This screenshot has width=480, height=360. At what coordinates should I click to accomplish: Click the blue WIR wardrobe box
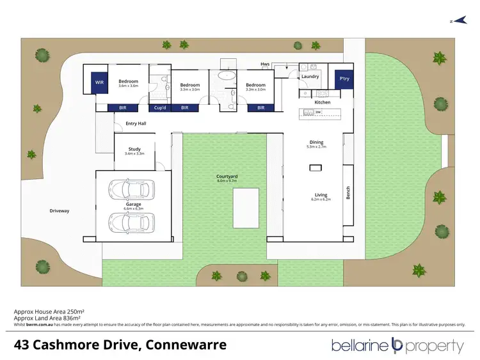pos(100,82)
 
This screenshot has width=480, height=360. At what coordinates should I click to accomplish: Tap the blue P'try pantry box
pos(343,79)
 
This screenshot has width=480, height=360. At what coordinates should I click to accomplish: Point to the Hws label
pos(264,64)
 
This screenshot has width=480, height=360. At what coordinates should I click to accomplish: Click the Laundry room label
pos(310,77)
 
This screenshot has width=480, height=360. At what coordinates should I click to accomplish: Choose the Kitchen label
pos(322,102)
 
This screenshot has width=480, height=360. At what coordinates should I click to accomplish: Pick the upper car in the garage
pos(131,189)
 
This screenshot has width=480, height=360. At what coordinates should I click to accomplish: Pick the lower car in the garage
pos(131,222)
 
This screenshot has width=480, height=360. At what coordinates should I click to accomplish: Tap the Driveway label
pos(59,210)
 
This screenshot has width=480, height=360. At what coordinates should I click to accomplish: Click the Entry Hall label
pos(136,123)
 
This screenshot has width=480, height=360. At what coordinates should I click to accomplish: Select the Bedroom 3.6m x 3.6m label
pos(129,83)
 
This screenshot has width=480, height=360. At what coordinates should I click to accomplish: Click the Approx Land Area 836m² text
pos(47,318)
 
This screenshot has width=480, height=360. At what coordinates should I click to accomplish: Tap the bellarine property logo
pos(397,346)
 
